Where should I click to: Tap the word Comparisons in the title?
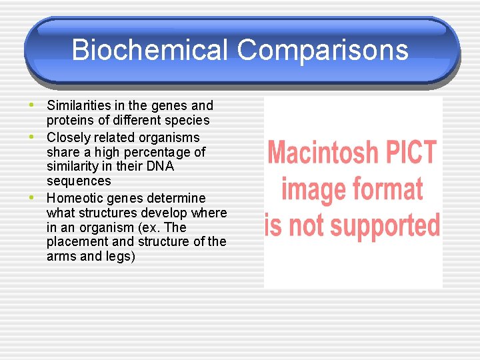tap(322, 50)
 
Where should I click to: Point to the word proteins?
tap(70, 120)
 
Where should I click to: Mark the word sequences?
tap(79, 181)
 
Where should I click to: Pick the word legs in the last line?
tap(119, 256)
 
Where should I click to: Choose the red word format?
tap(388, 189)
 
